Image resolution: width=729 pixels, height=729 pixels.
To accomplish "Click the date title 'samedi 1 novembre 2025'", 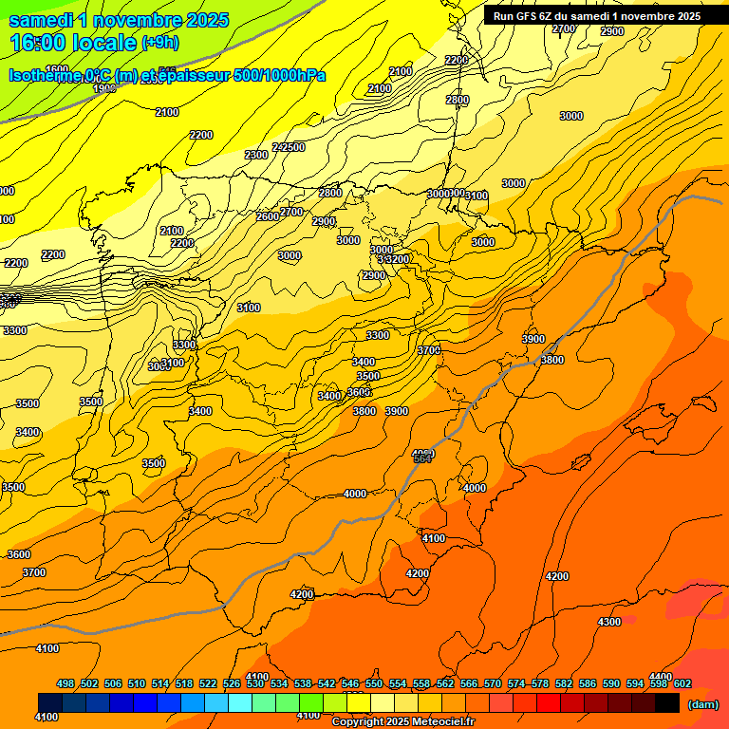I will click(119, 20).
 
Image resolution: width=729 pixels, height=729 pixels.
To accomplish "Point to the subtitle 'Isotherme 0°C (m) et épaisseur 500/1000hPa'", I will click(166, 76).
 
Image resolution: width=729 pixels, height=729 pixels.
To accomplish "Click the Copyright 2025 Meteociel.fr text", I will click(403, 722).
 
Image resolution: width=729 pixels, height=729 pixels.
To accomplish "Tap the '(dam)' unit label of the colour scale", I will click(702, 703).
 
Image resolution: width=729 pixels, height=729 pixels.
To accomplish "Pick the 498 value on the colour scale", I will click(65, 683).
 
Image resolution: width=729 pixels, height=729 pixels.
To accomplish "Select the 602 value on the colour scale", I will click(682, 683).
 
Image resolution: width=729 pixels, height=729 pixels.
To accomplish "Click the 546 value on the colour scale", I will click(350, 683).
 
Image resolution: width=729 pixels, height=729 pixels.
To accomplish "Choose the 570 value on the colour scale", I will click(492, 683).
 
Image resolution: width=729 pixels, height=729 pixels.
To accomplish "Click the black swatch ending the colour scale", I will click(667, 703).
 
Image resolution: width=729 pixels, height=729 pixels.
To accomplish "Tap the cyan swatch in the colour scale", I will click(240, 703).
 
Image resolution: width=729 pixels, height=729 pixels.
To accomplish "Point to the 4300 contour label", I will click(609, 622).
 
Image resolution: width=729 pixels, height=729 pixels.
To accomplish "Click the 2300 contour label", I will click(256, 155).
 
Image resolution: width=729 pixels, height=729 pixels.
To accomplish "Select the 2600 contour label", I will click(268, 216).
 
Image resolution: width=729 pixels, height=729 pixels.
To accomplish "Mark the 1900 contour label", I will click(104, 88).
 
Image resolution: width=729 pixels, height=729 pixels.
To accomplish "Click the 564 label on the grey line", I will click(423, 458).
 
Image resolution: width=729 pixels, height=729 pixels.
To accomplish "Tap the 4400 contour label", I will click(661, 677).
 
